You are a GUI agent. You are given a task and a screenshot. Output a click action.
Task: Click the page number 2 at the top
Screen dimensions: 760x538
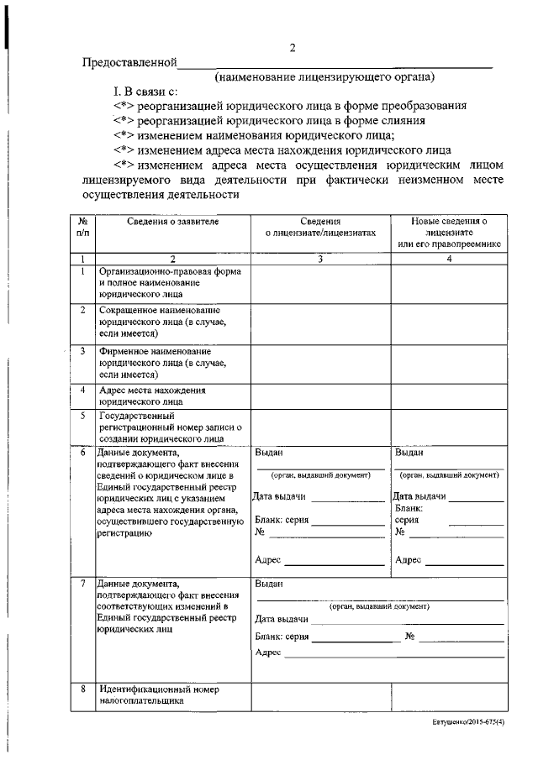(x=292, y=48)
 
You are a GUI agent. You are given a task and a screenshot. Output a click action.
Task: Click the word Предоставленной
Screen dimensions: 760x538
(x=129, y=63)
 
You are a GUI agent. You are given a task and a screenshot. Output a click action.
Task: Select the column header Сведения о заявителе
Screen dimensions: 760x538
(x=173, y=221)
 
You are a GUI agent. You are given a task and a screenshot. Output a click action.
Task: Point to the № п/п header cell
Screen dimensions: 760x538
(x=83, y=226)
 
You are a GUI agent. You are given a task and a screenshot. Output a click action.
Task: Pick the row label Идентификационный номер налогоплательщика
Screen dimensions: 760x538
(x=158, y=695)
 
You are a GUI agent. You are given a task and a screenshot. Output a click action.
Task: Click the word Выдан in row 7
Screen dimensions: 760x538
(x=269, y=584)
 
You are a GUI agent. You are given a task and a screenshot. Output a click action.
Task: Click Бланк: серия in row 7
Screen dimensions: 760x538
(x=282, y=637)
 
